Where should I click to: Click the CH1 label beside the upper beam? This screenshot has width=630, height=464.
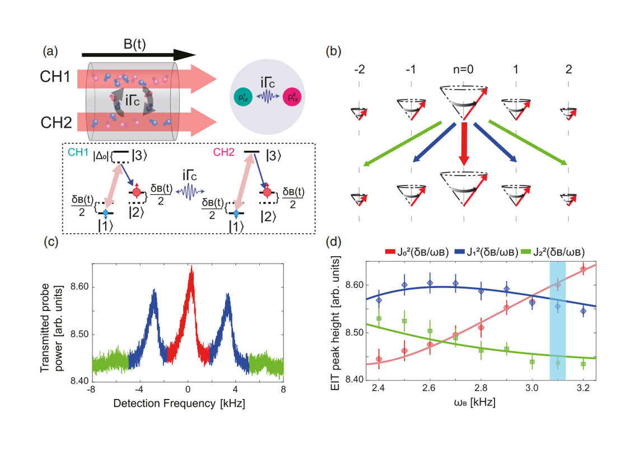point(57,77)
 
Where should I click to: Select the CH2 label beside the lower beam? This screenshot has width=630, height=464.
point(57,118)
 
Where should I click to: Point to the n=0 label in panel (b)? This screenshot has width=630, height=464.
point(463,72)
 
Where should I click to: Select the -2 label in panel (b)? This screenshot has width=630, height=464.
point(358,72)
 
